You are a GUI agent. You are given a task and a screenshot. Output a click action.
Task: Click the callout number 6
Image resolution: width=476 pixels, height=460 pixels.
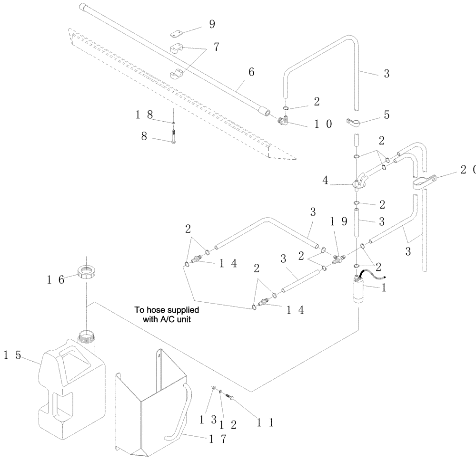(251, 72)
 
